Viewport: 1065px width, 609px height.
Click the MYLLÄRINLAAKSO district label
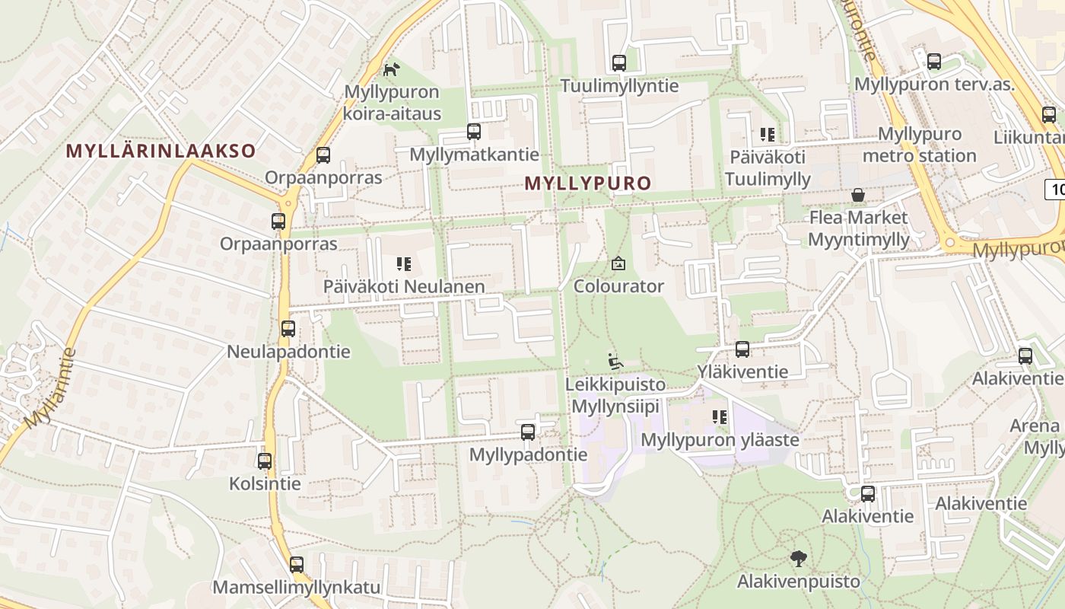(161, 151)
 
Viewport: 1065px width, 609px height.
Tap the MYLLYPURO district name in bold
(588, 183)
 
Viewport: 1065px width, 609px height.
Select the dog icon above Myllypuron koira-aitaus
(391, 70)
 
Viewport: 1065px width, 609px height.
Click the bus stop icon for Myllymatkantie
(474, 132)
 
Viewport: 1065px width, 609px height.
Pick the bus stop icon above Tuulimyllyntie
(619, 63)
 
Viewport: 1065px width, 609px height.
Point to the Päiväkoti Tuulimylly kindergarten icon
(768, 136)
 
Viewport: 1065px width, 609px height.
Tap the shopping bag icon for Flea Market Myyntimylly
(858, 196)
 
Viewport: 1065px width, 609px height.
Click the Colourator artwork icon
(618, 264)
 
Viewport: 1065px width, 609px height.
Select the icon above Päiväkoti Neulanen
(404, 264)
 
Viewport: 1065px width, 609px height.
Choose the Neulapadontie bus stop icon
(288, 329)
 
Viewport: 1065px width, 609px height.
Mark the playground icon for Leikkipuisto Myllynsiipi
(615, 361)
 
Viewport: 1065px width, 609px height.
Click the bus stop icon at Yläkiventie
(742, 349)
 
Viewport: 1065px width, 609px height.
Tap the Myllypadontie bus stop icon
(528, 432)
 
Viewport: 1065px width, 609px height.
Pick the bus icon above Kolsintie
(265, 461)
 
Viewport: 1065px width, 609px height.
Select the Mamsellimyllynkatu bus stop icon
(297, 565)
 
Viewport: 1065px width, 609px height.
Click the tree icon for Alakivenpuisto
(798, 559)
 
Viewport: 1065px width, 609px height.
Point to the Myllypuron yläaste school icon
(720, 417)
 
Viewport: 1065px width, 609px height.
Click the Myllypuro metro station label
(919, 145)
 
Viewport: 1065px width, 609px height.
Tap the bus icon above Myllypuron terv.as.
(934, 62)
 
